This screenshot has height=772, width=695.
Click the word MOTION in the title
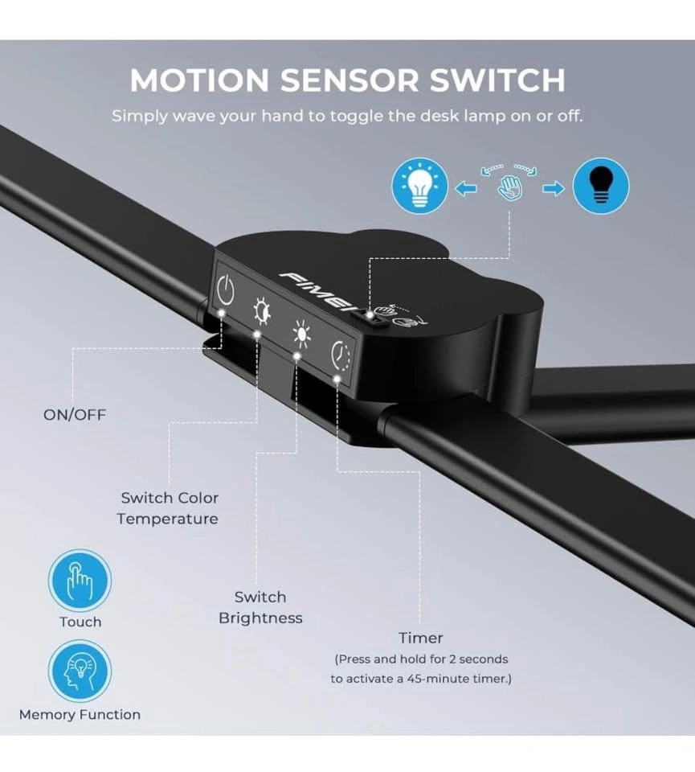pyautogui.click(x=199, y=80)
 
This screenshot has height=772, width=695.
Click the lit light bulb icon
pyautogui.click(x=419, y=186)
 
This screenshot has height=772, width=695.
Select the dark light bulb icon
pyautogui.click(x=601, y=186)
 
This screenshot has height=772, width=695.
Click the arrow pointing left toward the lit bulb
pyautogui.click(x=466, y=188)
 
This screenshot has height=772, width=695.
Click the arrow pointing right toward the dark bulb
pyautogui.click(x=554, y=188)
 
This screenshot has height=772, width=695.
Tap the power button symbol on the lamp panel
pyautogui.click(x=225, y=291)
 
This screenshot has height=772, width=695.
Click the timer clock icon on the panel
pyautogui.click(x=341, y=355)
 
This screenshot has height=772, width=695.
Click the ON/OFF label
pyautogui.click(x=75, y=415)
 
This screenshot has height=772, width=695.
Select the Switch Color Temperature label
pyautogui.click(x=168, y=508)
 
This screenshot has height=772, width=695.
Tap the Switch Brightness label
pyautogui.click(x=260, y=607)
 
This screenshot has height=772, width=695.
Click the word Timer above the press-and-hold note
pyautogui.click(x=420, y=638)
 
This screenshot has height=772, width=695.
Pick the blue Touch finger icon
pyautogui.click(x=80, y=580)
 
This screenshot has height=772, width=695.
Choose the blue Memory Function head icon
pyautogui.click(x=80, y=671)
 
